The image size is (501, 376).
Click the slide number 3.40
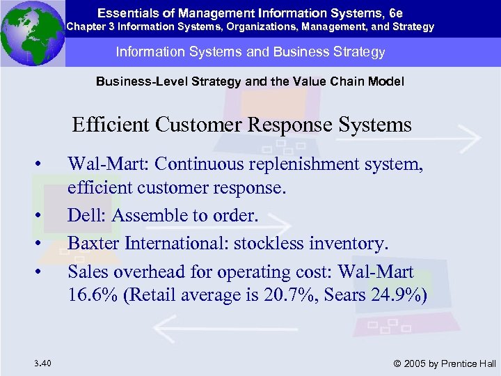40,363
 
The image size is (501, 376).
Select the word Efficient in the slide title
111,125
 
